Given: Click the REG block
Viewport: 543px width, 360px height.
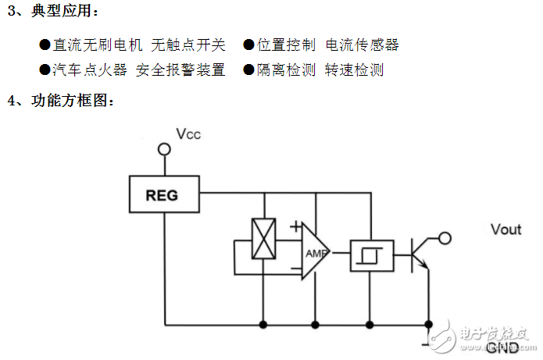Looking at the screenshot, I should pyautogui.click(x=162, y=194).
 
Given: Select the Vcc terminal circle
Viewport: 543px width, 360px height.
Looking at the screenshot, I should pyautogui.click(x=164, y=148).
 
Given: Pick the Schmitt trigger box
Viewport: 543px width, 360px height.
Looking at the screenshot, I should pyautogui.click(x=366, y=254).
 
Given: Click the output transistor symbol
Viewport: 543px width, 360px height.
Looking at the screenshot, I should pyautogui.click(x=418, y=254).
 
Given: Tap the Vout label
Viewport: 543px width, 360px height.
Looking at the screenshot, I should pyautogui.click(x=505, y=229).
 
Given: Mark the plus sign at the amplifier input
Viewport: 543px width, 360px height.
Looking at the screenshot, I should pyautogui.click(x=295, y=227).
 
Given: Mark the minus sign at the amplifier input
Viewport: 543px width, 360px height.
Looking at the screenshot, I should pyautogui.click(x=295, y=271).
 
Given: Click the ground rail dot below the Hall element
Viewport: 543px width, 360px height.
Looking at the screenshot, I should pyautogui.click(x=263, y=323).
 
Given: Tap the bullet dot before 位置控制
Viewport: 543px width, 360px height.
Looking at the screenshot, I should pyautogui.click(x=248, y=45).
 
